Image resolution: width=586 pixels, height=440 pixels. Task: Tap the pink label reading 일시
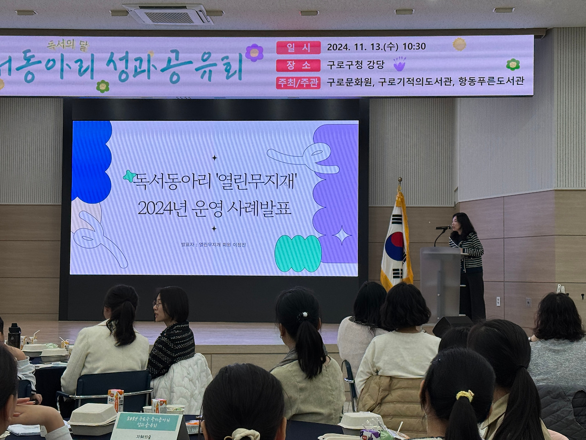(298, 47)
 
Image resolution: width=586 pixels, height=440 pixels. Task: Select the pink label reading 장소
(298, 65)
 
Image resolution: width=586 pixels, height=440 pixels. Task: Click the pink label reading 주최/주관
(298, 82)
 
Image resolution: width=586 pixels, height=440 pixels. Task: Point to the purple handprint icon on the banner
(399, 64)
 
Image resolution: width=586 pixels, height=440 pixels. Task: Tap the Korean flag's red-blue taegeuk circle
(395, 246)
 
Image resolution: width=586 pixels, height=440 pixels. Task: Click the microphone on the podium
(443, 228)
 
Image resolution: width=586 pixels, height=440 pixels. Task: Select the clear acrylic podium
(440, 280)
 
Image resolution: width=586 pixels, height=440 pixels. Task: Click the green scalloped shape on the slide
(297, 254)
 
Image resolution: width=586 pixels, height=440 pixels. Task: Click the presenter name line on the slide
(213, 245)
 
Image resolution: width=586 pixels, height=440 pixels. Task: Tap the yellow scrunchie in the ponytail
(465, 395)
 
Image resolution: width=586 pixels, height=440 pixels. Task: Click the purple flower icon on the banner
(254, 52)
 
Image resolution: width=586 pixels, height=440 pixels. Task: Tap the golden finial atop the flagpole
(400, 181)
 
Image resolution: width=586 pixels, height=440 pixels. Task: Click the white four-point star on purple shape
(342, 236)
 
